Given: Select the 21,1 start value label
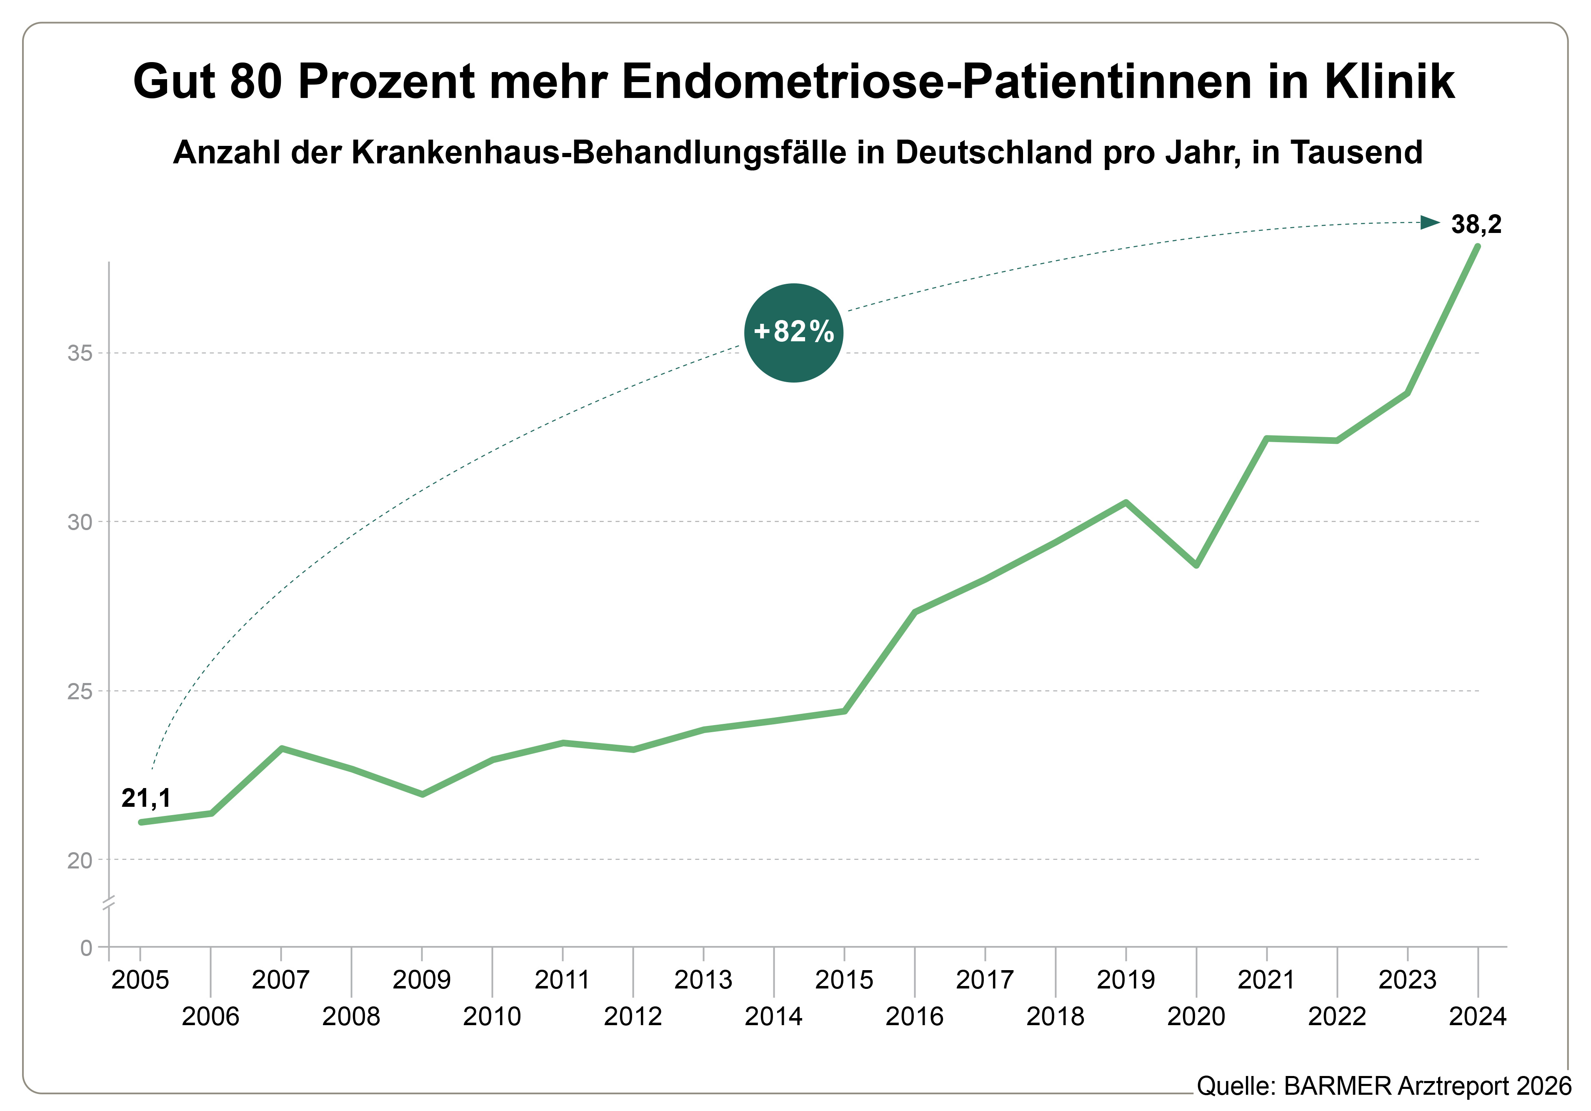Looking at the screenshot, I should [145, 798].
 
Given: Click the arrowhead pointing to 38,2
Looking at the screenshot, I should [1430, 223].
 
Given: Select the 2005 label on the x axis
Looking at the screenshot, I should [140, 980].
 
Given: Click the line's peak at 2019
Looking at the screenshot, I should [1126, 502].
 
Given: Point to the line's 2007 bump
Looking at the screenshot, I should [281, 748].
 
